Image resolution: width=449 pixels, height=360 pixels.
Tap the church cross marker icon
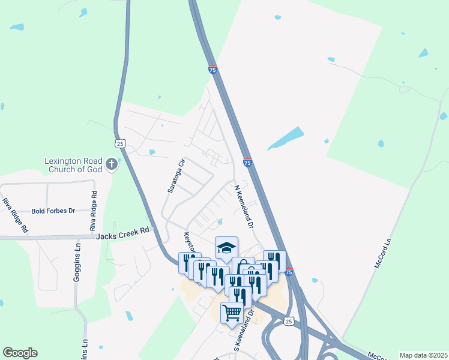click(x=111, y=163)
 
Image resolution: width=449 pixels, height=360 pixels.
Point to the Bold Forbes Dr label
click(x=53, y=211)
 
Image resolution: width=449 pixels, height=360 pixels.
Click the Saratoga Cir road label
click(x=175, y=176)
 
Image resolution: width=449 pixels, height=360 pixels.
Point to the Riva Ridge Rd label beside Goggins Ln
click(x=93, y=211)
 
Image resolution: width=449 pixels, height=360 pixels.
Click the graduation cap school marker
click(x=226, y=247)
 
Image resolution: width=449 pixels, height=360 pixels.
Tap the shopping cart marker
click(x=232, y=311)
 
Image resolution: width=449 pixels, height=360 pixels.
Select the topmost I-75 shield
click(x=212, y=70)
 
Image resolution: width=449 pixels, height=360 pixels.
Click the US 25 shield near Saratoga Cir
click(x=120, y=143)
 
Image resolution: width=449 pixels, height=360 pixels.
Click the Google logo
click(x=20, y=353)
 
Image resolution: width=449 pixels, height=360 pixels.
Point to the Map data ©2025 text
click(x=423, y=355)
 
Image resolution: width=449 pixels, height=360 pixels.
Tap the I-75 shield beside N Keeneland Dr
click(x=247, y=163)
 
